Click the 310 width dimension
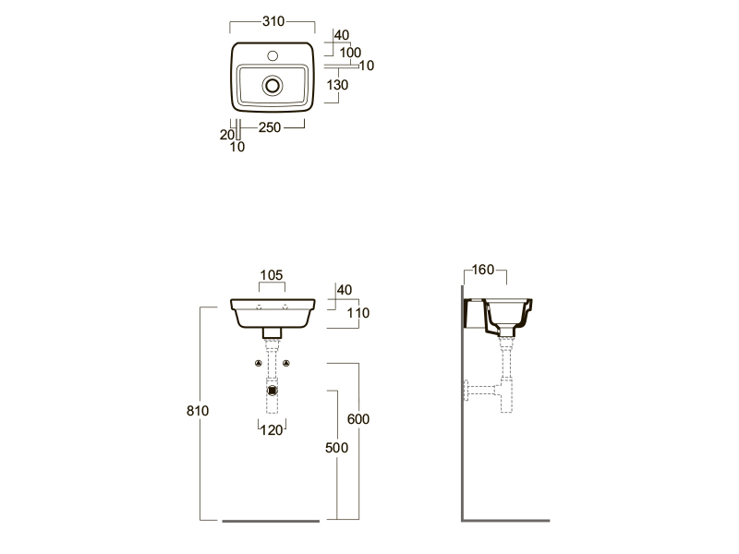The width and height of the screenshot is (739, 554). point(273,21)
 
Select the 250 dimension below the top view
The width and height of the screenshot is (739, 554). point(270,127)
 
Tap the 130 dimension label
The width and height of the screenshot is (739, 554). point(337,85)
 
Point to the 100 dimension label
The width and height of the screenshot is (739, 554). point(350,53)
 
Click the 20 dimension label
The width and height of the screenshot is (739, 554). point(226,135)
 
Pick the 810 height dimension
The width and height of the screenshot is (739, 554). point(198,411)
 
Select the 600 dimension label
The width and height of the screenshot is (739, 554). point(358,419)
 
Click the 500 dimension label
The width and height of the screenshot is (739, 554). point(336,448)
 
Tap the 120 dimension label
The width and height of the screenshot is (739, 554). point(272,429)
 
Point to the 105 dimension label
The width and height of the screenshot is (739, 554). point(272,275)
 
